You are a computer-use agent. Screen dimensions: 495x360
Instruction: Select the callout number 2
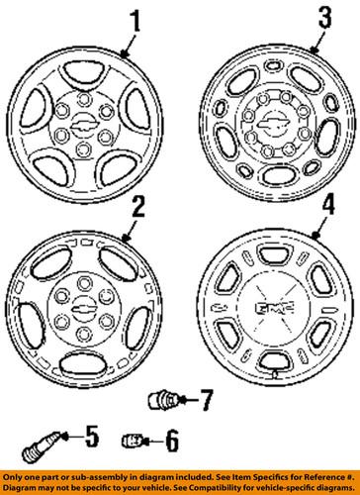pyautogui.click(x=137, y=207)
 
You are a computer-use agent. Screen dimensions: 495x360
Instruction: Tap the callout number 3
pyautogui.click(x=323, y=18)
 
